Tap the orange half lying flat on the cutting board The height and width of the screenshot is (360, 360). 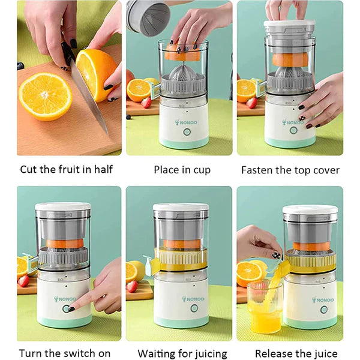(46, 97)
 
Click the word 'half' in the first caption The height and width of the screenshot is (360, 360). (104, 169)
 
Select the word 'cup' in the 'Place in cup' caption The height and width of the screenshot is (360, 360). (202, 170)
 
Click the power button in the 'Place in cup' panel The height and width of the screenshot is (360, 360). (187, 132)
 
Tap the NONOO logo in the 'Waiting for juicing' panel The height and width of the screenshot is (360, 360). (193, 299)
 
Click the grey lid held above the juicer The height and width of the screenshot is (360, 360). (148, 18)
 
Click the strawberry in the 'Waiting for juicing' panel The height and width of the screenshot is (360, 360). (132, 286)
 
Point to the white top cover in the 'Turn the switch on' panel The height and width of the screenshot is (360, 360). (63, 206)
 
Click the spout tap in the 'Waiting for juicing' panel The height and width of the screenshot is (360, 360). (148, 265)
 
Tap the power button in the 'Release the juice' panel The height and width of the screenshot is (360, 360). (324, 310)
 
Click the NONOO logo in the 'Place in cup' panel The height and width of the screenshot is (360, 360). (186, 122)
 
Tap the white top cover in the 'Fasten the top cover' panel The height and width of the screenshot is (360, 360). (289, 23)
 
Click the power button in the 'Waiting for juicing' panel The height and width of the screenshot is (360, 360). (194, 308)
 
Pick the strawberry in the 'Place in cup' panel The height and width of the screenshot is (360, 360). (146, 103)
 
